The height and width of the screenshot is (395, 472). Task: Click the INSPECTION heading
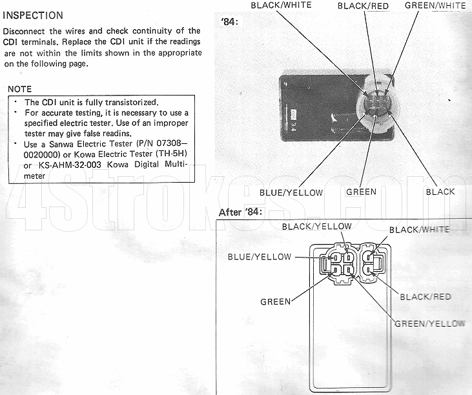pos(33,15)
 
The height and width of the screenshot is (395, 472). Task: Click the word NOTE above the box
pos(19,89)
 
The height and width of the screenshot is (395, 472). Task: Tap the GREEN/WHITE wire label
pos(435,5)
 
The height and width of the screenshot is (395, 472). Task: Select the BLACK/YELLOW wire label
pos(316,227)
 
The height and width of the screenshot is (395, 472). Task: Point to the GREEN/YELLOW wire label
pos(430,324)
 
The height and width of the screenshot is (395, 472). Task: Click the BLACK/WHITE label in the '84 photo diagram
pos(281,5)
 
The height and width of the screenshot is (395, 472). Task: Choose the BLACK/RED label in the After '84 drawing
pos(426,297)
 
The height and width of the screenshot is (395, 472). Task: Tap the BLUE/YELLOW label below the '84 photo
pos(291,192)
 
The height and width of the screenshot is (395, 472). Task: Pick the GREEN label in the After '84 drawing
pos(276,302)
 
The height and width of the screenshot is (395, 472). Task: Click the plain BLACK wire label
pos(440,192)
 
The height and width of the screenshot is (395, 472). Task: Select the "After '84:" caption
pos(240,212)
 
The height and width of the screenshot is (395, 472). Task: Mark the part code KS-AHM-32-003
pos(70,165)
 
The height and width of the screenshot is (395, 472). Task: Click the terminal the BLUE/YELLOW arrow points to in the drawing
pos(334,258)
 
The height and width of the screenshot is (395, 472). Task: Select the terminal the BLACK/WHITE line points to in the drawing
pos(369,258)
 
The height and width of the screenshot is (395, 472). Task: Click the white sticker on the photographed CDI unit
pos(293,114)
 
